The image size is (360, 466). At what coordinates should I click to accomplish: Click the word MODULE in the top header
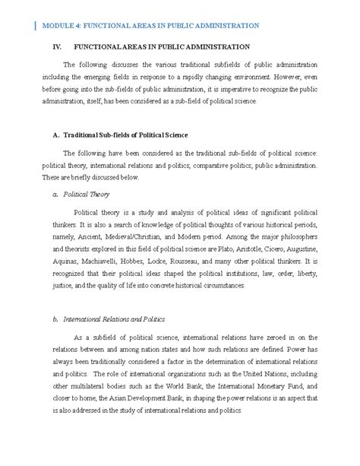tap(60, 25)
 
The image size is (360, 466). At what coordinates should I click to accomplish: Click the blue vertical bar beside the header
tap(36, 25)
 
